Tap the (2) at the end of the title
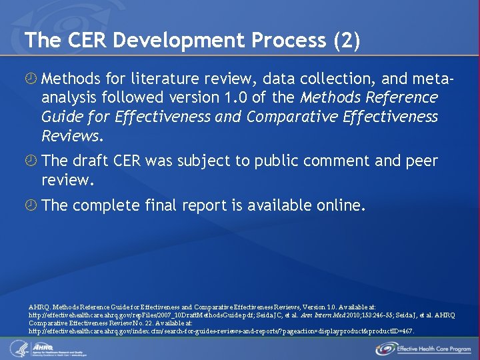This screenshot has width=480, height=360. [346, 40]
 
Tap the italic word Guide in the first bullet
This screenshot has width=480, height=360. [59, 117]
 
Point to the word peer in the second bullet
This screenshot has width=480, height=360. [421, 161]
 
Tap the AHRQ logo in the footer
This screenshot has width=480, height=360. [52, 347]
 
